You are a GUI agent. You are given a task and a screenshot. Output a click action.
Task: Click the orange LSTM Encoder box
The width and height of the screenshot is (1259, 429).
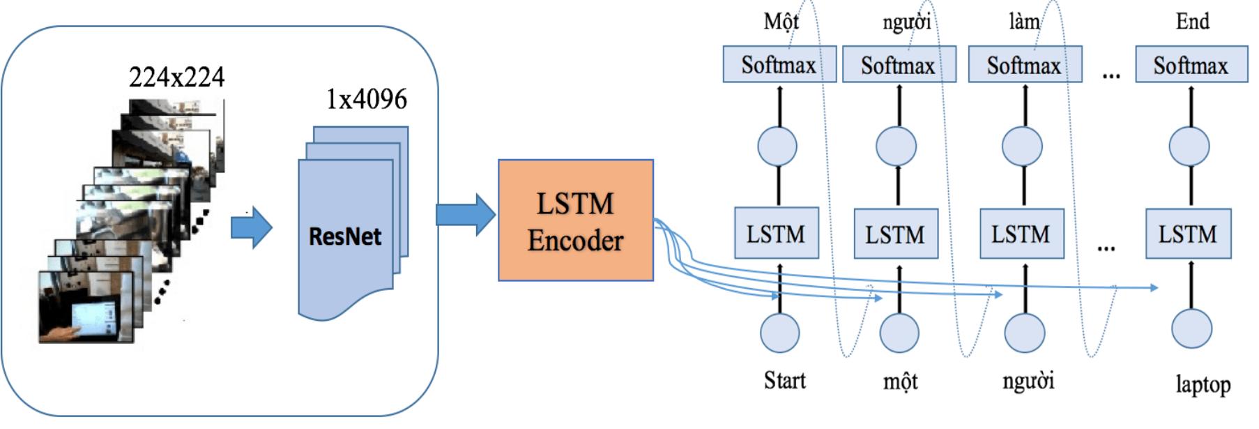click(575, 220)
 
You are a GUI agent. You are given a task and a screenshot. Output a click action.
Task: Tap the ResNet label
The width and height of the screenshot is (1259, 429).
click(344, 236)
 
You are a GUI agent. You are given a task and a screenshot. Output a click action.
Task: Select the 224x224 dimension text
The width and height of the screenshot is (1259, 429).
click(176, 77)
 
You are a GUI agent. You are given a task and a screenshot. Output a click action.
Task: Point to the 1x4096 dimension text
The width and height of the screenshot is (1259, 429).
click(366, 99)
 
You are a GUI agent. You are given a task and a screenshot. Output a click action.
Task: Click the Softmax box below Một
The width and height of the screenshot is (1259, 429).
click(779, 65)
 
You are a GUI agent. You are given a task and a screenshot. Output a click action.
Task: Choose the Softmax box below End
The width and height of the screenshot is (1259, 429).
click(1191, 65)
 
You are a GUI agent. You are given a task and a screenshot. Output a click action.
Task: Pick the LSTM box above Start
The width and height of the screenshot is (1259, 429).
click(776, 233)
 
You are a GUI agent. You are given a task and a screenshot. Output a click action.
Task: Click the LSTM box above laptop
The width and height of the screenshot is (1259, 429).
click(1188, 234)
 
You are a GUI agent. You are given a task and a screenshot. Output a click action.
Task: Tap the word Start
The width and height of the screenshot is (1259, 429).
click(784, 380)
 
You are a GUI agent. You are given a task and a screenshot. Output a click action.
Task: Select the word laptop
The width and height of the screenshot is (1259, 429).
click(1203, 384)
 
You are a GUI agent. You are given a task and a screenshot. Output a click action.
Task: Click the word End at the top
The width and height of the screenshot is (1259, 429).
click(1192, 21)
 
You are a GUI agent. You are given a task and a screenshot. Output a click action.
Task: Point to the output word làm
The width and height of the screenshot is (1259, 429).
click(1023, 22)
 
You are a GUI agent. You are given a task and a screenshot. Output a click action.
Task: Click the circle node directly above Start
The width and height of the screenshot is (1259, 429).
click(779, 332)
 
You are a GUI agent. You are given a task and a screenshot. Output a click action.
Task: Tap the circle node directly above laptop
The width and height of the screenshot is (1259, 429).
click(1191, 329)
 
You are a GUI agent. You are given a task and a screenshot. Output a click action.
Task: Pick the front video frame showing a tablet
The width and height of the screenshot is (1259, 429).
click(86, 308)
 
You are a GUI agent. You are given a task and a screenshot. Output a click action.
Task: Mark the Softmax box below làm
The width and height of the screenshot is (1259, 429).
click(1024, 65)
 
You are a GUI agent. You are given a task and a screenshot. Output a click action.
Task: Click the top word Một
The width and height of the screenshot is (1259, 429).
click(780, 22)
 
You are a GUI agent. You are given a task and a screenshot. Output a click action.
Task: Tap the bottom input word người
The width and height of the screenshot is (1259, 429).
click(1028, 381)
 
